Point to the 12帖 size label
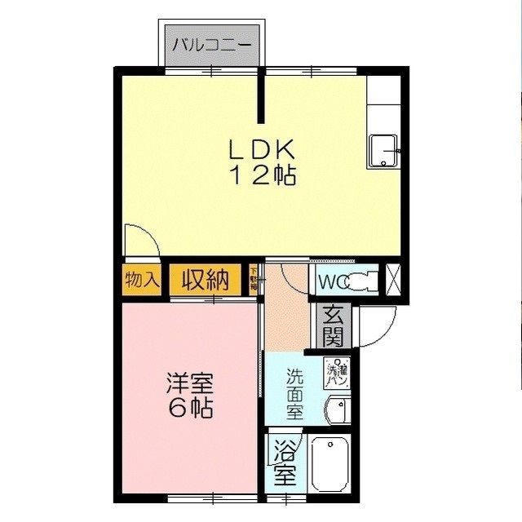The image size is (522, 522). pos(261,174)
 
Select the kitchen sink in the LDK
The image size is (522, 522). pos(383,151)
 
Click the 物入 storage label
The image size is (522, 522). pos(142,279)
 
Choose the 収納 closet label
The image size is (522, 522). pos(205,280)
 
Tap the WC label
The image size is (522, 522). pos(331,282)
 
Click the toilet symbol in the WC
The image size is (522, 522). pos(361,281)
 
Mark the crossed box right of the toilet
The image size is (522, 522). pos(392,280)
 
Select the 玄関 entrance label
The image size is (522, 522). pos(334,325)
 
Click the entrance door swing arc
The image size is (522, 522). pos(378,326)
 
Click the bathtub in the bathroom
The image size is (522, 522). pos(330,462)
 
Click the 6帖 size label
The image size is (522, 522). pos(191,408)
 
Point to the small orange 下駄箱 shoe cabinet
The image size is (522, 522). pos(254,280)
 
